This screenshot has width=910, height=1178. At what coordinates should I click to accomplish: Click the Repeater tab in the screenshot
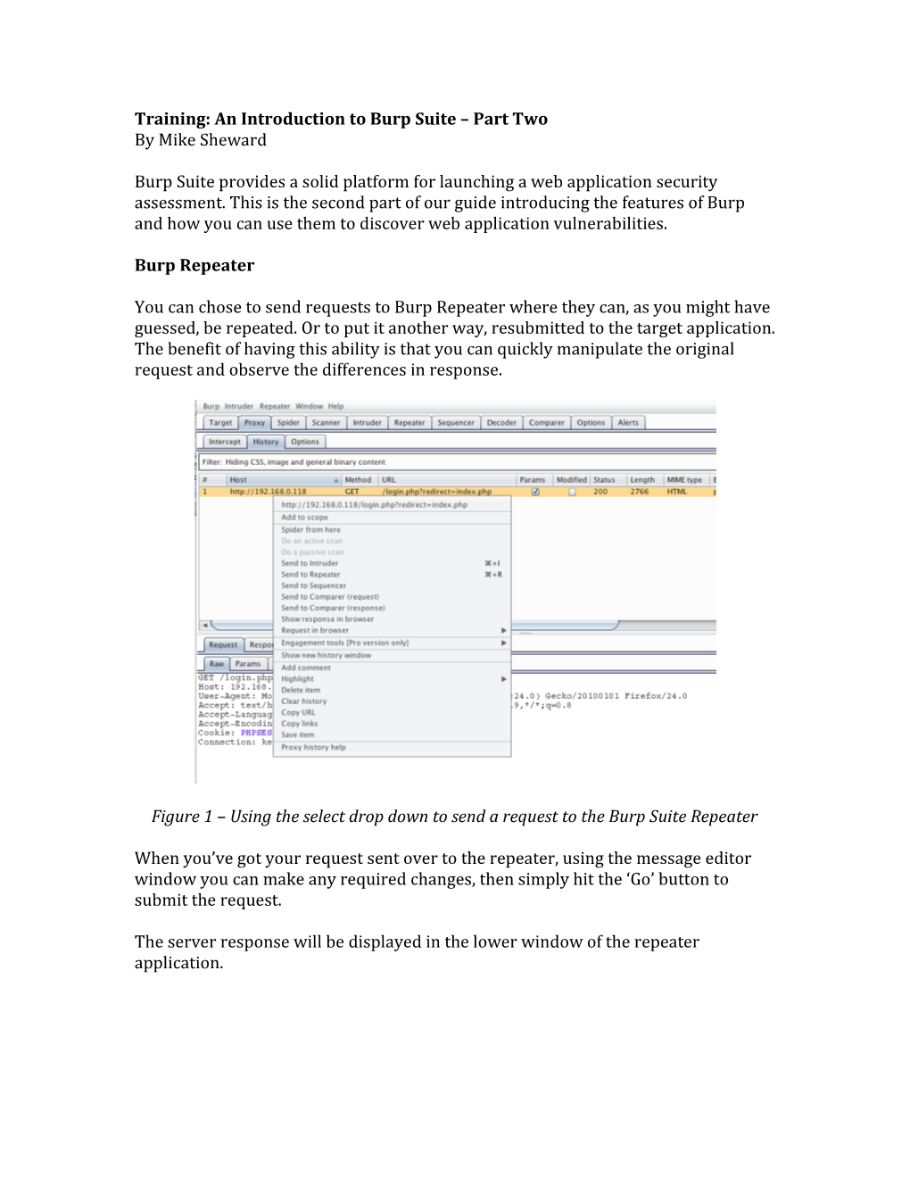tap(409, 423)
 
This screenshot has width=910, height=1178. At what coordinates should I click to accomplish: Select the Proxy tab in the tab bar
tap(254, 423)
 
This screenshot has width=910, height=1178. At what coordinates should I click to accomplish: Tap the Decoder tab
tap(501, 423)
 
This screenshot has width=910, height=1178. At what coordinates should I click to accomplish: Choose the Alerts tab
tap(628, 423)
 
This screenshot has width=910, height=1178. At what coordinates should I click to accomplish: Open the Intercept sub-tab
tap(224, 442)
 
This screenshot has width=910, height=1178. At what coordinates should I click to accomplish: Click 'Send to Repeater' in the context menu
tap(310, 575)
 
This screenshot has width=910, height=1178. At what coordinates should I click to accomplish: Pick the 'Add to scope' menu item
tap(304, 518)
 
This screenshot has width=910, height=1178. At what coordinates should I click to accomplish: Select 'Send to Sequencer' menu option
tap(313, 586)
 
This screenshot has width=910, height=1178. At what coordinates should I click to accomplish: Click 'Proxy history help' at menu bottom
tap(313, 748)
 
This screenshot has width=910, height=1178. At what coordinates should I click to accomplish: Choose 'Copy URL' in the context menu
tap(298, 713)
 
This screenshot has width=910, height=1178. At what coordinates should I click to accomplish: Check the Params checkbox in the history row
tap(534, 492)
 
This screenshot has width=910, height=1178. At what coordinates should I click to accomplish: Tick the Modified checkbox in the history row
tap(572, 492)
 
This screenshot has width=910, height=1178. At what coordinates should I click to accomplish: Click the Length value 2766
tap(640, 492)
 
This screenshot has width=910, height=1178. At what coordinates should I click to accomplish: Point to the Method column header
tap(358, 480)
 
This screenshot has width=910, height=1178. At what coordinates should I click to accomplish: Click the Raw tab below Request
tap(217, 664)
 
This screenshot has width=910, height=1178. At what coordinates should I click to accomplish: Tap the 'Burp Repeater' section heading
tap(194, 266)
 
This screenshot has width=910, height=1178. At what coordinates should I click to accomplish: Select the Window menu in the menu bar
tap(310, 407)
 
